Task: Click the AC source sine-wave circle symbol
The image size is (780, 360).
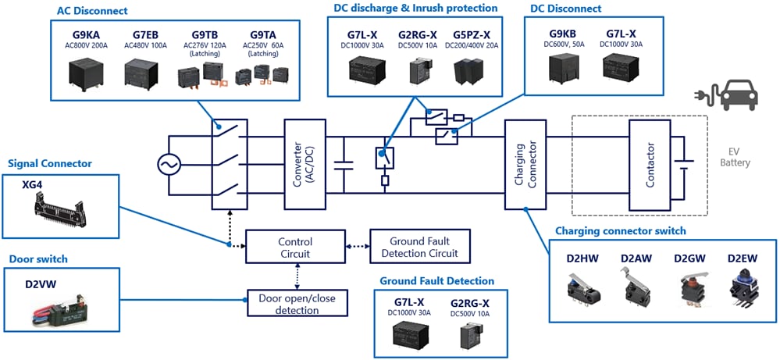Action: [169, 165]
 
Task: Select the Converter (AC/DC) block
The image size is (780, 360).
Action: [304, 164]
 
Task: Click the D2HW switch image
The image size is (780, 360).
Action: [585, 288]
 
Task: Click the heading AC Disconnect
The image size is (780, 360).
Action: [92, 11]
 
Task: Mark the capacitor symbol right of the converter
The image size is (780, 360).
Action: [341, 165]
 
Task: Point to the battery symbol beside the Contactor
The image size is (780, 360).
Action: [685, 165]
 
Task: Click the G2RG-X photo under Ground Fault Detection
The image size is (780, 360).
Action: [470, 336]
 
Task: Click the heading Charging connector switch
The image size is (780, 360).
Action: [620, 230]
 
